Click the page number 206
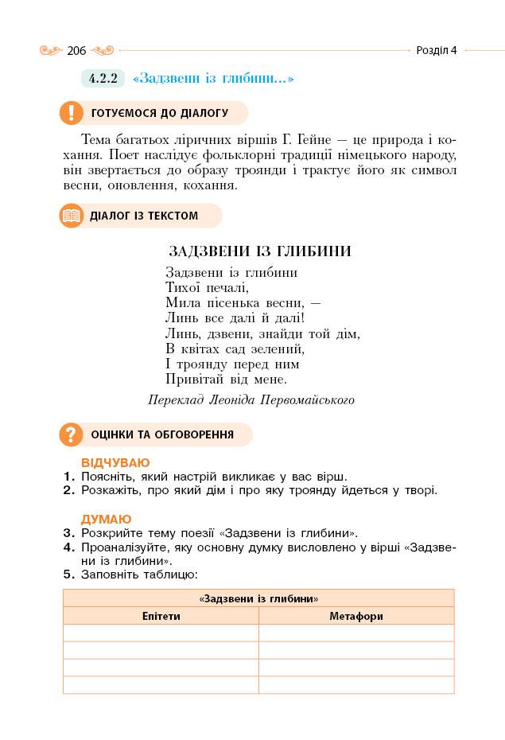76,51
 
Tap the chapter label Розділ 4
437,50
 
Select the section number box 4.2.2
103,79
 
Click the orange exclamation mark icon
72,113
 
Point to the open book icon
72,216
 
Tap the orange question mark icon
72,434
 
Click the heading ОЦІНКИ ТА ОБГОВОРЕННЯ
162,434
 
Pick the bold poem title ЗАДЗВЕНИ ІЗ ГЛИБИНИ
260,251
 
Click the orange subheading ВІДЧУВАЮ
115,463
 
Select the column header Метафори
356,616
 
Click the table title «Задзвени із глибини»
258,598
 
